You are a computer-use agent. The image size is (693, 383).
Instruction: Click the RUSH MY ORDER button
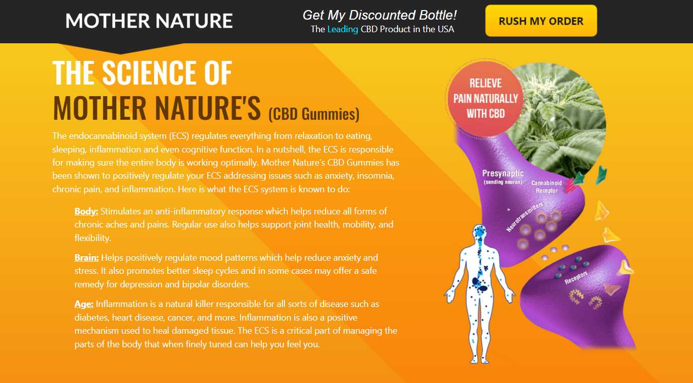click(541, 21)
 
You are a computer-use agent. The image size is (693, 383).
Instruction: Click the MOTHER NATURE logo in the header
click(149, 21)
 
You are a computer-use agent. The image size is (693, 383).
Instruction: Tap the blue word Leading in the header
click(343, 29)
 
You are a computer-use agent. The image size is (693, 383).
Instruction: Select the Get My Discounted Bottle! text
click(379, 15)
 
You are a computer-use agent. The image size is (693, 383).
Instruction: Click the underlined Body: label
click(87, 211)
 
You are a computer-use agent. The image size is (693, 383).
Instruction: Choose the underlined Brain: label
click(87, 258)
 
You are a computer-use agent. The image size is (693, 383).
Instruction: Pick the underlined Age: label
click(84, 304)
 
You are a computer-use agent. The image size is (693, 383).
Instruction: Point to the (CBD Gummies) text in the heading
click(314, 114)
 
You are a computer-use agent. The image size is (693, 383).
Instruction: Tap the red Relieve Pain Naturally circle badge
click(486, 99)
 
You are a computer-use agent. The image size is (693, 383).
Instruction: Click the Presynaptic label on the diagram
click(503, 173)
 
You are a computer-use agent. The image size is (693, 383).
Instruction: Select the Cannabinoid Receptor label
click(547, 187)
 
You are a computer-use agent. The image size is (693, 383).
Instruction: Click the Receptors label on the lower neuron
click(576, 278)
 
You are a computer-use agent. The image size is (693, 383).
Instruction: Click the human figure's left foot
click(485, 360)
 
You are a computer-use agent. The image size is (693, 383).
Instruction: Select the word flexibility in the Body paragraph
click(92, 238)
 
